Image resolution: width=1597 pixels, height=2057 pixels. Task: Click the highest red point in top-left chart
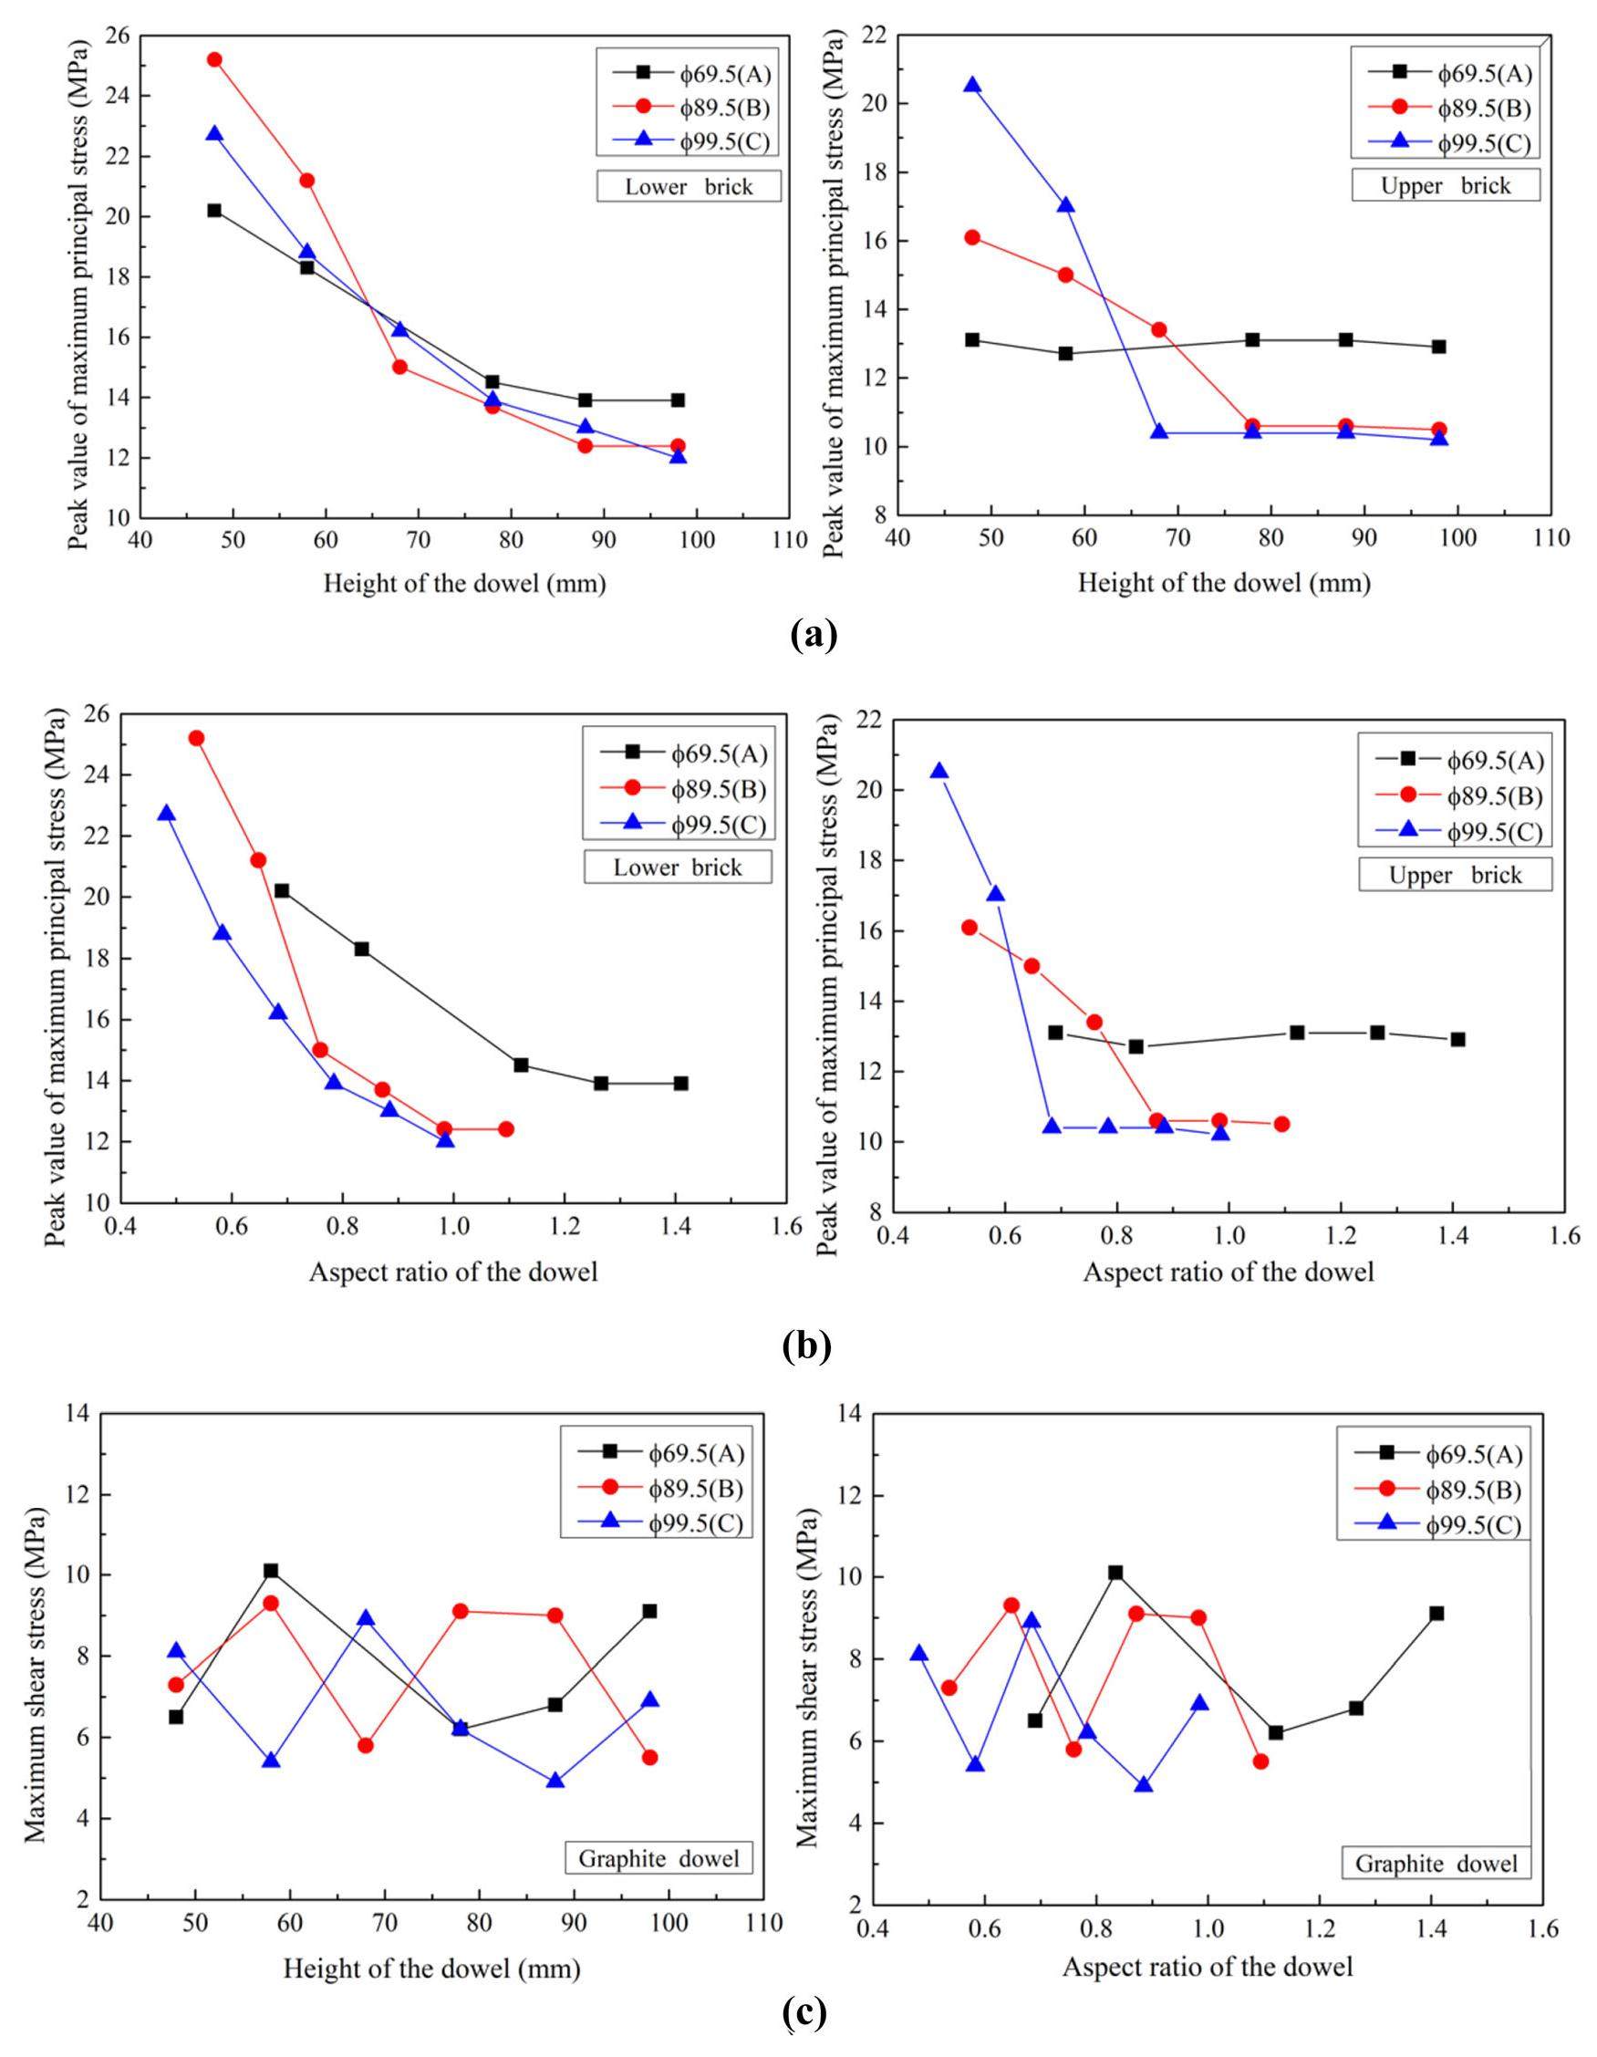click(x=214, y=59)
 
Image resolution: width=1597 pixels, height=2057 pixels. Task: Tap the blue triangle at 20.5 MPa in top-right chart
click(x=971, y=86)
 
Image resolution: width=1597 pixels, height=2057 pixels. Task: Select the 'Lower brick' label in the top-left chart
click(x=689, y=186)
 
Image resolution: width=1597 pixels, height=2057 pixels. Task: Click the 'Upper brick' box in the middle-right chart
click(x=1455, y=875)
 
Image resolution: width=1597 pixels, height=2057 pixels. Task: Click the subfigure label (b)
click(x=807, y=1345)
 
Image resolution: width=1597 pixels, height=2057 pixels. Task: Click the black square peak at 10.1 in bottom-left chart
click(x=271, y=1570)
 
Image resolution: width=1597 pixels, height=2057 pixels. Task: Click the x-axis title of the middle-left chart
click(x=453, y=1273)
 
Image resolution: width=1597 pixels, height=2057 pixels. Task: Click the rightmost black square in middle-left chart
click(x=680, y=1083)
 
